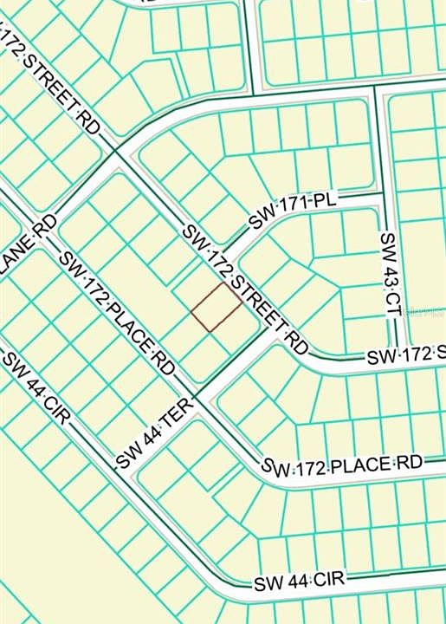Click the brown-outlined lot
[217, 307]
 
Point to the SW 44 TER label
[154, 438]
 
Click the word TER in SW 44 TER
[175, 421]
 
